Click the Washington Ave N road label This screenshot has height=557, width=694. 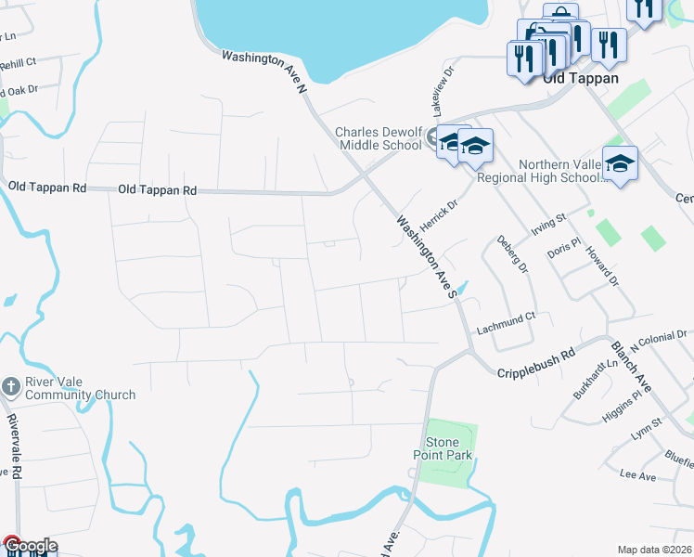[263, 71]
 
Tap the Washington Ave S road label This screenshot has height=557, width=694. [428, 256]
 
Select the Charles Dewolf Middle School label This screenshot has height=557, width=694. [379, 139]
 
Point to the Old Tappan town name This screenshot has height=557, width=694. [581, 79]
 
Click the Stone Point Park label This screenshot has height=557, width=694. [443, 448]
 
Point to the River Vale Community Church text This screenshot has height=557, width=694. [80, 388]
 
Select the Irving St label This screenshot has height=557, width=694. [547, 225]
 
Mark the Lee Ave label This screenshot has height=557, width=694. [637, 476]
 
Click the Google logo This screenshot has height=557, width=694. [29, 546]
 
